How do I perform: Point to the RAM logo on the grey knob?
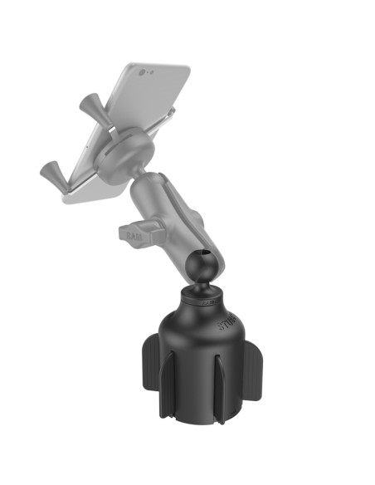coord(135,236)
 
